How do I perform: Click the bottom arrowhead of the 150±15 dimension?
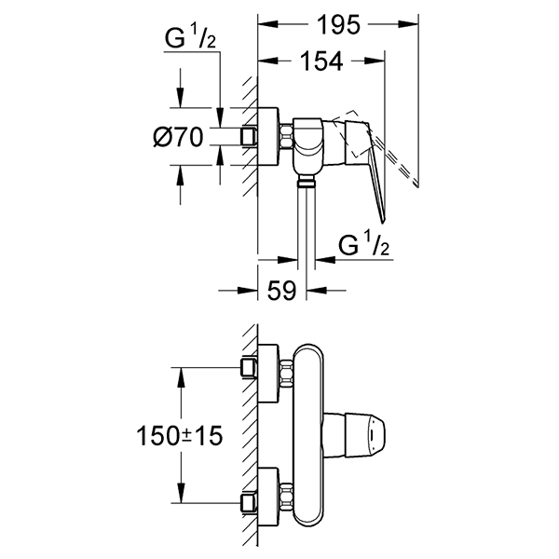point(181,497)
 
